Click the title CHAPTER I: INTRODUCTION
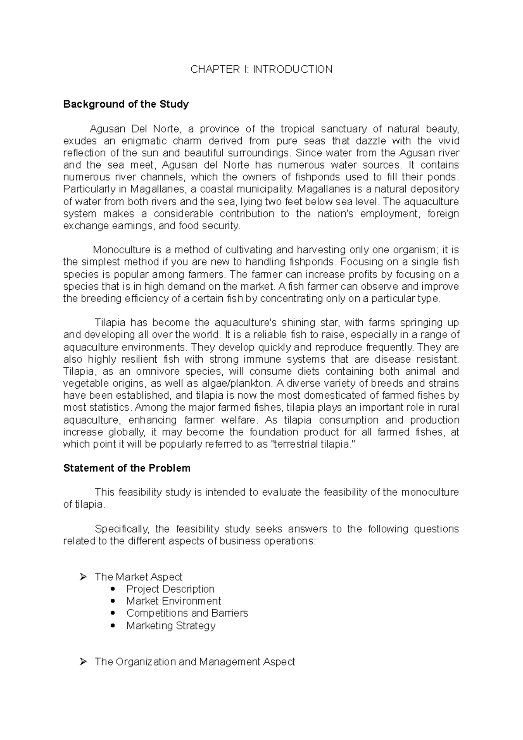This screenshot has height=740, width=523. click(261, 69)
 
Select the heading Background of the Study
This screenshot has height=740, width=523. click(126, 104)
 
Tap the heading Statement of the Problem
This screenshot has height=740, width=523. click(127, 468)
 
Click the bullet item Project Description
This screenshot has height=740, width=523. click(170, 589)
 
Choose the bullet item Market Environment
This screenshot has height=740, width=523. click(173, 601)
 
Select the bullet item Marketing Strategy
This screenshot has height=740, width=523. click(171, 625)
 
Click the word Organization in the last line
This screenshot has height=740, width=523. click(145, 662)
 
